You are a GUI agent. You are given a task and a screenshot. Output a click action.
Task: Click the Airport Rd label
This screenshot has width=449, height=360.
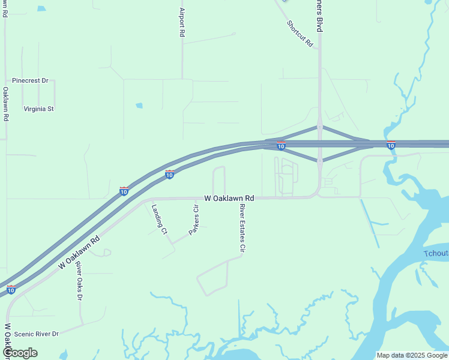click(x=181, y=22)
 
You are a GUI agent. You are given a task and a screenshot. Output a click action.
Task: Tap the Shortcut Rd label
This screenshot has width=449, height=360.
click(x=300, y=34)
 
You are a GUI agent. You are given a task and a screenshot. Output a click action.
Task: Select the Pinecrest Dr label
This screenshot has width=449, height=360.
click(x=30, y=80)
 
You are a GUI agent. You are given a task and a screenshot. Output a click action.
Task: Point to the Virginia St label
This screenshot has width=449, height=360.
click(x=39, y=109)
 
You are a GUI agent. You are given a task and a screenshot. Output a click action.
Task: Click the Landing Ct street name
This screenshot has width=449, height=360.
click(x=159, y=219)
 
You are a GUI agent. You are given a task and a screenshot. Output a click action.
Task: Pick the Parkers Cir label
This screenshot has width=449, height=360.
click(x=194, y=220)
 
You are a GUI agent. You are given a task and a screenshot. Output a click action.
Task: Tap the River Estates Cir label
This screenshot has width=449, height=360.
click(x=243, y=227)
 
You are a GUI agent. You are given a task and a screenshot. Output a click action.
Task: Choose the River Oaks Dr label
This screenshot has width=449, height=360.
click(x=79, y=281)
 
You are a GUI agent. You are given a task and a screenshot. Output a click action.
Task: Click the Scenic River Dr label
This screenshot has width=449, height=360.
click(x=37, y=334)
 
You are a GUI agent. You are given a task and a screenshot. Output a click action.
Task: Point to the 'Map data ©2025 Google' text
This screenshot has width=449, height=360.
click(x=412, y=355)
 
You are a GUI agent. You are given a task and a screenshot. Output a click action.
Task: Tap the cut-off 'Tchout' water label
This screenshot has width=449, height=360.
click(x=436, y=254)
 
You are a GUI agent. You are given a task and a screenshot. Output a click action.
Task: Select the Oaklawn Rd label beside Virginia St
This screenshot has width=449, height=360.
click(x=5, y=104)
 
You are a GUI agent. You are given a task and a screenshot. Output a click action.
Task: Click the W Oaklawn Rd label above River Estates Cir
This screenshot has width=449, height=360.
click(x=229, y=198)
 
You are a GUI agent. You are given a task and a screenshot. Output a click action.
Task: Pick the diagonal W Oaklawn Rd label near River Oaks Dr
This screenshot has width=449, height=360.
click(x=78, y=252)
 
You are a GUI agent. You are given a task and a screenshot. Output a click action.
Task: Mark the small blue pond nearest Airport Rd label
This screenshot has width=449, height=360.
click(x=139, y=106)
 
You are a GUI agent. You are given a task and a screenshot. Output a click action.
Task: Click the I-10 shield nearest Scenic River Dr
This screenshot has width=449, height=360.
click(x=11, y=290)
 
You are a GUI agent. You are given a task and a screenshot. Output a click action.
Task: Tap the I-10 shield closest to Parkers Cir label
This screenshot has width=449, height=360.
click(x=170, y=174)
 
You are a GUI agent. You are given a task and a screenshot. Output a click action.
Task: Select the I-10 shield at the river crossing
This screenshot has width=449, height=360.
click(x=391, y=145)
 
